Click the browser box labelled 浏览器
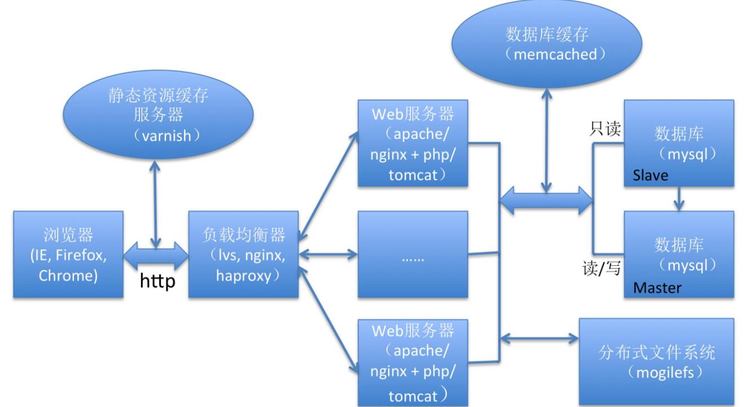click(68, 254)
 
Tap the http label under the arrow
click(157, 281)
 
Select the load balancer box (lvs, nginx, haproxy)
click(243, 254)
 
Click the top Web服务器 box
click(413, 143)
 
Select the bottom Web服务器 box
click(413, 362)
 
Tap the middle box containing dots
click(413, 254)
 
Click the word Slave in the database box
click(650, 176)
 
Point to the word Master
click(657, 288)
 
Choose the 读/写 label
click(602, 268)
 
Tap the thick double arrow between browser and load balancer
click(156, 255)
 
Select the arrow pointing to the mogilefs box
click(540, 339)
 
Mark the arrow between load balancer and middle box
click(328, 254)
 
